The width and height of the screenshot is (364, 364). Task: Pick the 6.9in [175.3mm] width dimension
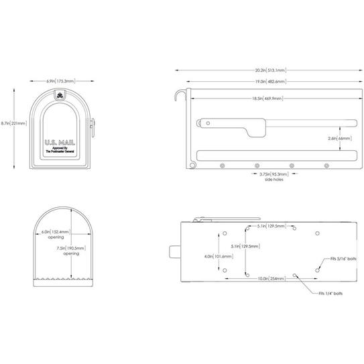point(60,80)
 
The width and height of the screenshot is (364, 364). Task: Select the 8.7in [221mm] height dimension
point(12,123)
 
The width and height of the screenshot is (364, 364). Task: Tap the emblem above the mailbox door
point(60,95)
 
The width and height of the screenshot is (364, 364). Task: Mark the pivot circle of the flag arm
point(207,123)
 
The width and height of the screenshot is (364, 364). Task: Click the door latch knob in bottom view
point(174,253)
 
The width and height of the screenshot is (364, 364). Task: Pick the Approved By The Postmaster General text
point(60,150)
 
